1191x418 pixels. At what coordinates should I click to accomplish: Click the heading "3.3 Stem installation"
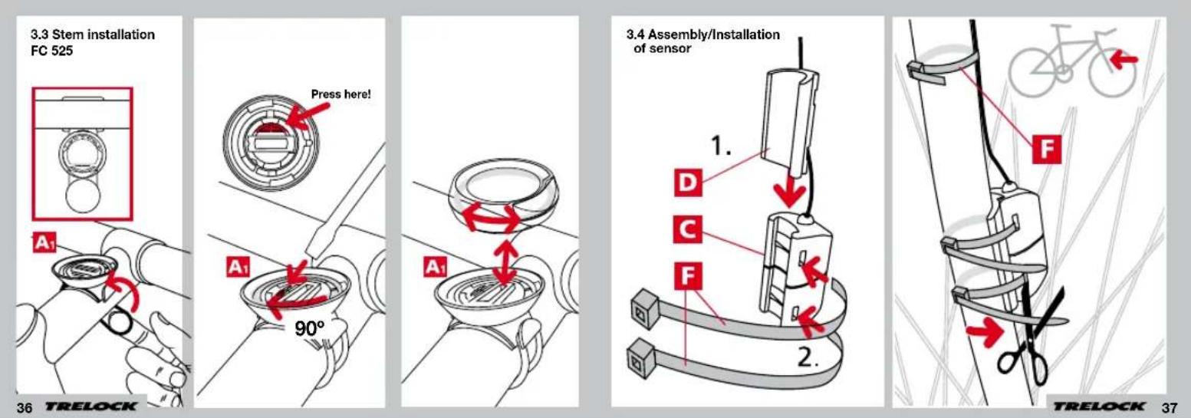click(93, 35)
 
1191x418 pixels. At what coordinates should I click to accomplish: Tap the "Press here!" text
click(341, 94)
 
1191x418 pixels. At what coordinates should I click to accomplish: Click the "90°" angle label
click(310, 329)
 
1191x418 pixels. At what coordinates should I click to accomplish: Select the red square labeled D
click(688, 183)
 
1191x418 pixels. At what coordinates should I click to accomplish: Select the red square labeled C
click(687, 229)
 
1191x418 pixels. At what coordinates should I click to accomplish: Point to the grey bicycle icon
click(1071, 61)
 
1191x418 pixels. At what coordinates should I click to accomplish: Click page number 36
click(25, 408)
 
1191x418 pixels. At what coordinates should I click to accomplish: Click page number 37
click(1170, 407)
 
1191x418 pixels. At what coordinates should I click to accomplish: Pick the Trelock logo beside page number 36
click(91, 406)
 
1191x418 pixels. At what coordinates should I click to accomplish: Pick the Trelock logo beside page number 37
click(1099, 406)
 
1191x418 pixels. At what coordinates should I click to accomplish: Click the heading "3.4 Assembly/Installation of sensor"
click(702, 41)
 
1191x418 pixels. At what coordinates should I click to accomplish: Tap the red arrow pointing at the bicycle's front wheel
click(1124, 60)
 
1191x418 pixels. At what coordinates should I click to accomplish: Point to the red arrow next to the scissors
click(985, 332)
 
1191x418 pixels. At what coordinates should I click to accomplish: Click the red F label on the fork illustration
click(1046, 149)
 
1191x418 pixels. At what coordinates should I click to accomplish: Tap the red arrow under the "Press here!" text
click(308, 115)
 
